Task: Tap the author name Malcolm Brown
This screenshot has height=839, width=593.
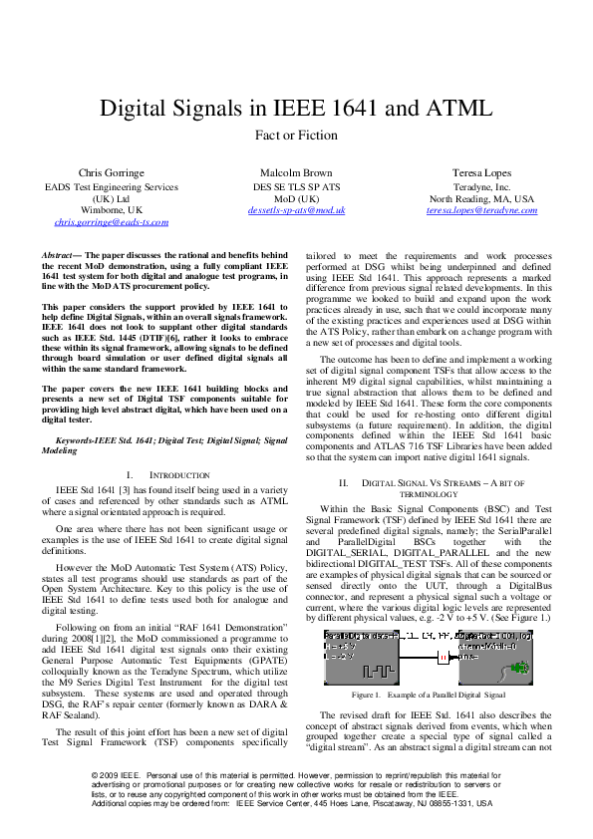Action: pyautogui.click(x=297, y=172)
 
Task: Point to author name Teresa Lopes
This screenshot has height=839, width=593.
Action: pyautogui.click(x=481, y=172)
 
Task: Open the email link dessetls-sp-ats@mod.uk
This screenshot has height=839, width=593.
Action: pyautogui.click(x=297, y=210)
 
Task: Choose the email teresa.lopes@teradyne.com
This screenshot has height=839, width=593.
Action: pyautogui.click(x=481, y=210)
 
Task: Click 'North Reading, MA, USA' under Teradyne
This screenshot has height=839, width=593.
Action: pyautogui.click(x=481, y=198)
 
